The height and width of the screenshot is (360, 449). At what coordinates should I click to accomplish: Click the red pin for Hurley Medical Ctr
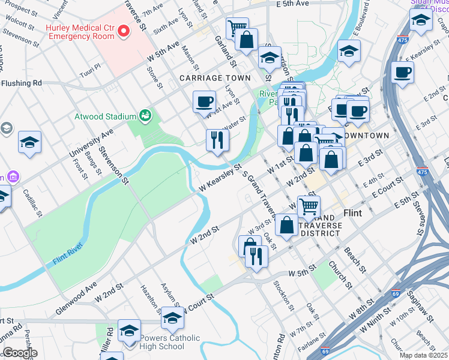[x=124, y=31]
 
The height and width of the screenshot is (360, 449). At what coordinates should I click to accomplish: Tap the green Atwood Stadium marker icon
[x=144, y=115]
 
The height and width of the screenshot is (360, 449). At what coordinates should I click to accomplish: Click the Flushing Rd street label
[x=22, y=83]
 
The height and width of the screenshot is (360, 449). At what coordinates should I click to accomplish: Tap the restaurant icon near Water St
[x=217, y=141]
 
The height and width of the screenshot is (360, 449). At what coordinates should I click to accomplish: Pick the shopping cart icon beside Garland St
[x=237, y=28]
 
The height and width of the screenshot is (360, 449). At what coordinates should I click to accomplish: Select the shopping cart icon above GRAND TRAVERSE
[x=309, y=207]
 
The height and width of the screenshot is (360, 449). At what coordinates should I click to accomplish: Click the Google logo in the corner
[x=20, y=353]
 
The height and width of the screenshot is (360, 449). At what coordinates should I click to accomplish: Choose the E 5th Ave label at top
[x=292, y=4]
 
